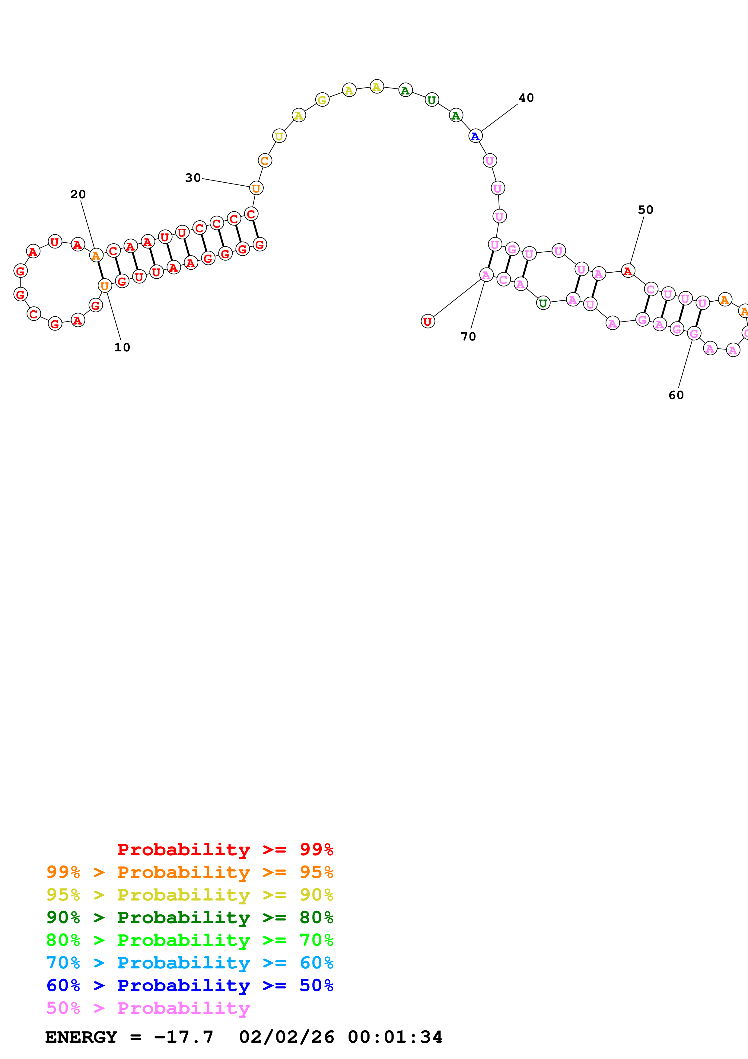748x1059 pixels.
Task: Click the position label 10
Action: pos(122,347)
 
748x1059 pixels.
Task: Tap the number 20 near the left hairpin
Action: pos(78,194)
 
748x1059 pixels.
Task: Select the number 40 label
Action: pos(526,98)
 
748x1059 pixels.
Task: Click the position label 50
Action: pos(645,210)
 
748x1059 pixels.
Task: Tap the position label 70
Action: pos(468,337)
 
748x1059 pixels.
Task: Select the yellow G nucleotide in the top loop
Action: pos(322,100)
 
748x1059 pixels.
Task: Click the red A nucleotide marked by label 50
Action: pos(628,271)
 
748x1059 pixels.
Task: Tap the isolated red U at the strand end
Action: pos(428,322)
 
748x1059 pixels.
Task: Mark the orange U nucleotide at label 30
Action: pos(256,188)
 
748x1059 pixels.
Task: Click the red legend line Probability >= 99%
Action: pos(225,849)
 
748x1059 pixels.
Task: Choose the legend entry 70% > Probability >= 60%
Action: pos(189,963)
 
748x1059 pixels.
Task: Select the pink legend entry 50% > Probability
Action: pos(148,1008)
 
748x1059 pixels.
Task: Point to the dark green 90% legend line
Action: pos(189,917)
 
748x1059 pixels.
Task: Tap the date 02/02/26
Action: pos(286,1037)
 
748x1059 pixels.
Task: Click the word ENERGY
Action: pos(81,1037)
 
